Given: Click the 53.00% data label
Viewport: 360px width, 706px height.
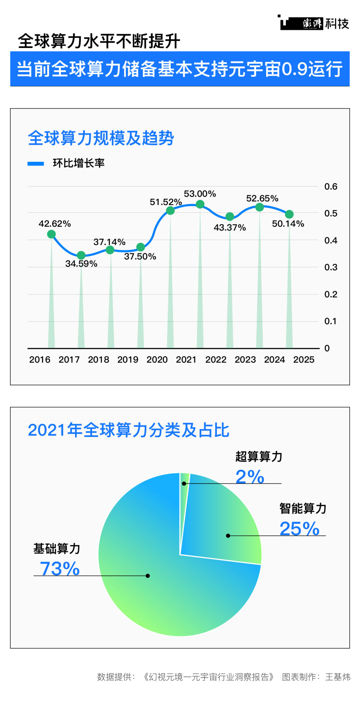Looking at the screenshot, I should (x=200, y=194).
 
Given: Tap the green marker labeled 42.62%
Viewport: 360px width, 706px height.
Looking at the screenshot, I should (x=51, y=234).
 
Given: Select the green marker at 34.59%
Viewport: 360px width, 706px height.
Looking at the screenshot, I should (x=81, y=255).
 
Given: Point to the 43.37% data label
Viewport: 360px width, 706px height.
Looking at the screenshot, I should (x=230, y=228).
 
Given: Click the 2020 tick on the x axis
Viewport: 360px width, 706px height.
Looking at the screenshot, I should (x=157, y=360).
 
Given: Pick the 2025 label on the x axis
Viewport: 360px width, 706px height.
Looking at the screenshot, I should (x=304, y=360).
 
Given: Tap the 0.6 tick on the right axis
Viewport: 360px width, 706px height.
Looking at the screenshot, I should (x=331, y=186).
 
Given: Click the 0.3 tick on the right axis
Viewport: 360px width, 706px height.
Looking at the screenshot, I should (x=331, y=267).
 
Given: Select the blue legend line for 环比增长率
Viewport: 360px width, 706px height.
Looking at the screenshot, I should (x=36, y=163).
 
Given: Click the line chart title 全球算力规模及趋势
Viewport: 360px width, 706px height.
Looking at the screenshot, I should (x=101, y=138).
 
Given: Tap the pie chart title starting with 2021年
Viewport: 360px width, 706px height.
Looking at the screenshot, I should (x=128, y=430).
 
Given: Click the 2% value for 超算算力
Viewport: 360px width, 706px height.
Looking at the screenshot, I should (x=250, y=477).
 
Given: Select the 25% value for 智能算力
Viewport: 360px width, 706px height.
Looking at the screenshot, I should (x=299, y=529).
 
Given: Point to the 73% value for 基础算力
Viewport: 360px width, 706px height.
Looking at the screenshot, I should (x=60, y=569).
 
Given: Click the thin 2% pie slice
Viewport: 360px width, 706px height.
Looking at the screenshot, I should (x=184, y=480).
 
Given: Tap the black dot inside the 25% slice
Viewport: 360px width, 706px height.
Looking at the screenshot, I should (x=228, y=536).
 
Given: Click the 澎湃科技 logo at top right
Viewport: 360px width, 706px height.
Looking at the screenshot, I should (x=314, y=23).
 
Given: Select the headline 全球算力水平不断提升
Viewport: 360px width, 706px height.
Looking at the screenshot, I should (x=99, y=41).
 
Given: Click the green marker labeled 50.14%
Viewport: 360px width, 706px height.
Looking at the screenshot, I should (x=289, y=214).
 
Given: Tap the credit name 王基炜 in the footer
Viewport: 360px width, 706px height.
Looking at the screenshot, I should (x=338, y=677).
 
